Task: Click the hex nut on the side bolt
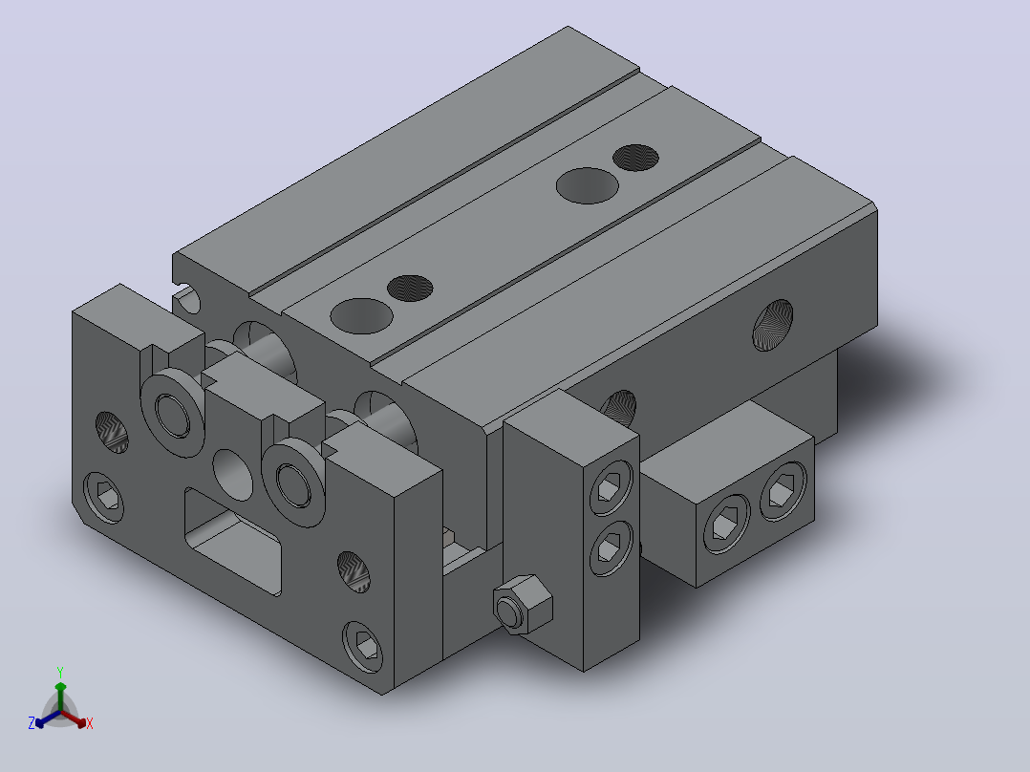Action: tap(524, 605)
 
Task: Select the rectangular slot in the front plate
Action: tap(233, 542)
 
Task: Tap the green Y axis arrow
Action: tap(60, 696)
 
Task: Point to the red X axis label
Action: tap(90, 723)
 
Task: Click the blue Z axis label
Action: tap(32, 723)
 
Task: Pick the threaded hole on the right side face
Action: tap(772, 325)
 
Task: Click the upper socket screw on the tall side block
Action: tap(611, 487)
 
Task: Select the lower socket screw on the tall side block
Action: tap(611, 548)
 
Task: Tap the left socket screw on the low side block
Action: tap(726, 524)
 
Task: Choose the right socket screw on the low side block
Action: tap(783, 490)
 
